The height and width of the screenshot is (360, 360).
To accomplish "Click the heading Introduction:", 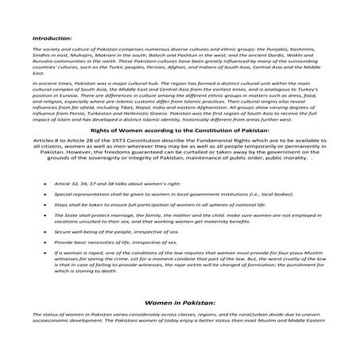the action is tap(52, 37).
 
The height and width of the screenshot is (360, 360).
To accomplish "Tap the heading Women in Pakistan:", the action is tap(180, 304).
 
